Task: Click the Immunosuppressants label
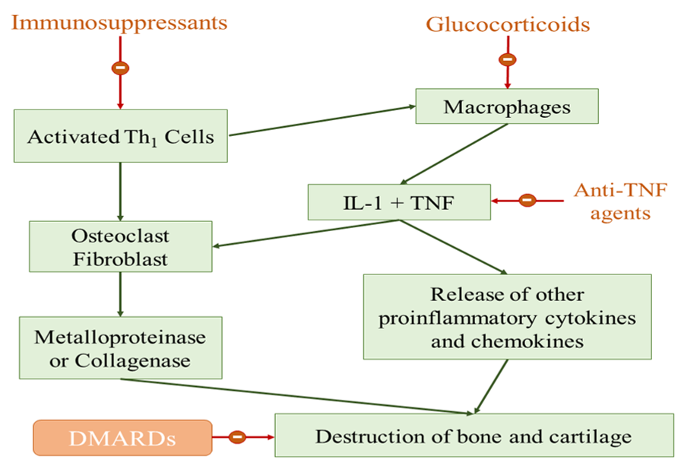coord(119,22)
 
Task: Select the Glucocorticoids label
coord(508,24)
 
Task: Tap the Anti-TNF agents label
coord(612,202)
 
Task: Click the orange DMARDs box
coord(122,438)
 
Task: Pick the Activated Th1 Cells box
coord(121,138)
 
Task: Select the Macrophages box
coord(507,106)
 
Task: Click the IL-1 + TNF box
coord(399,202)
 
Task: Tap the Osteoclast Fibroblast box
coord(121,246)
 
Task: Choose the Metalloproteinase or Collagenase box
coord(121,348)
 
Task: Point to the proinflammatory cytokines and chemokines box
coord(507,317)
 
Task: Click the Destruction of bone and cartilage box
coord(474,436)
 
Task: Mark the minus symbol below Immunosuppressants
coord(120,68)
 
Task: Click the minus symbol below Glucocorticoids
coord(508,59)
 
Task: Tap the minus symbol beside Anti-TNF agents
coord(527,201)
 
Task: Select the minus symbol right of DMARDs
coord(237,437)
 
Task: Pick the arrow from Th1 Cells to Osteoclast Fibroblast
coord(120,190)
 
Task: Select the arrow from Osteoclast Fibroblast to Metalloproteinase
coord(120,293)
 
